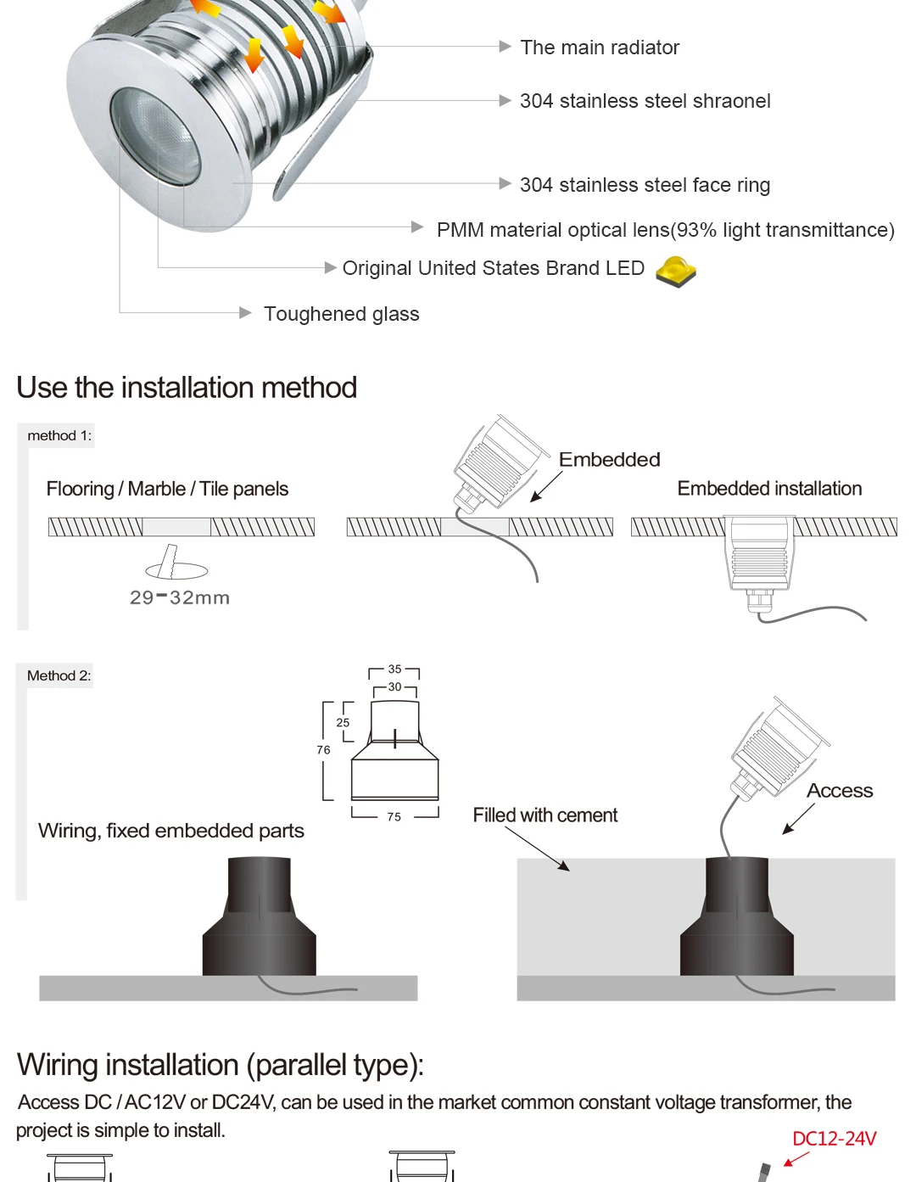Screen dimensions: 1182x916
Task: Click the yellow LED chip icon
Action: click(x=676, y=272)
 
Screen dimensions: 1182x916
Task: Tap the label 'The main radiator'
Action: click(x=600, y=48)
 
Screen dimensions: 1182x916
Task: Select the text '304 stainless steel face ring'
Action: click(x=645, y=185)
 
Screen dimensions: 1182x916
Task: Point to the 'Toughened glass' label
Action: click(x=341, y=314)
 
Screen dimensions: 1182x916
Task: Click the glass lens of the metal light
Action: click(x=157, y=136)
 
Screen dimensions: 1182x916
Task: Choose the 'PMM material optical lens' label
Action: click(x=665, y=230)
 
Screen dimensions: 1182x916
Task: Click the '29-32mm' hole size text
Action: click(x=180, y=597)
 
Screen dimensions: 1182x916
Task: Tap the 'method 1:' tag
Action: click(x=59, y=435)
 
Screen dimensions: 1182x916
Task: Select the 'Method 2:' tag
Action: click(x=59, y=675)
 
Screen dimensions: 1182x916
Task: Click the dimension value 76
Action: click(x=323, y=750)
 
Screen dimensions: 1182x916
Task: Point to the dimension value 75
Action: click(x=394, y=817)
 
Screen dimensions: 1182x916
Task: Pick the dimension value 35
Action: click(x=394, y=669)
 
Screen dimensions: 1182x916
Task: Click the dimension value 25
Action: click(x=343, y=723)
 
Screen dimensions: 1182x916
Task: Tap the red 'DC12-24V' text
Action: click(x=834, y=1139)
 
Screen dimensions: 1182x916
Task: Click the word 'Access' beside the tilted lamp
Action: click(x=840, y=791)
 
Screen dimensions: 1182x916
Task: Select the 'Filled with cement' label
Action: click(x=545, y=815)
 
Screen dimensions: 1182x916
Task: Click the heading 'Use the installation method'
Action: click(x=187, y=388)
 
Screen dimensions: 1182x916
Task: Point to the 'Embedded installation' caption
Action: click(x=769, y=489)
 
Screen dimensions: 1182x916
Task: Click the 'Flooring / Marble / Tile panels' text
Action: click(x=167, y=489)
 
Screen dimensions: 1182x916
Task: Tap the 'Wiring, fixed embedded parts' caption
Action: click(x=171, y=831)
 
